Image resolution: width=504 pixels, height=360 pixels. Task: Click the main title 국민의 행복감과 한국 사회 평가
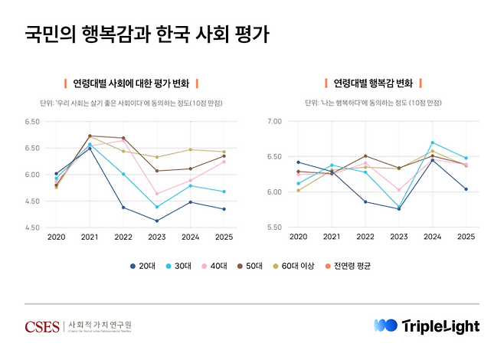pyautogui.click(x=146, y=35)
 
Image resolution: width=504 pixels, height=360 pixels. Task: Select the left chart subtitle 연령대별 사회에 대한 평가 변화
pyautogui.click(x=130, y=83)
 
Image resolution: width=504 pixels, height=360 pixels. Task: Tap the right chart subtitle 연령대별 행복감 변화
pyautogui.click(x=373, y=83)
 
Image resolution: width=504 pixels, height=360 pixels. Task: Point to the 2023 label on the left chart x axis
pyautogui.click(x=156, y=238)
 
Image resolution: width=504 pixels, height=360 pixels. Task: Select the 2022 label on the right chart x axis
pyautogui.click(x=365, y=238)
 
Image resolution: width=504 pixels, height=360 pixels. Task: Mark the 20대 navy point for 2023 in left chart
pyautogui.click(x=156, y=221)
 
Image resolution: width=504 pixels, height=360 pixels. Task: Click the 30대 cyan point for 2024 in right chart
pyautogui.click(x=432, y=142)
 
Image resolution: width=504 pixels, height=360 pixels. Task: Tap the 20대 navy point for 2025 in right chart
pyautogui.click(x=466, y=189)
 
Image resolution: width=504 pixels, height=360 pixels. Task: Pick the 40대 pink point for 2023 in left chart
pyautogui.click(x=156, y=193)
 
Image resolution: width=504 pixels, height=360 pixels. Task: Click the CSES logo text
pyautogui.click(x=42, y=326)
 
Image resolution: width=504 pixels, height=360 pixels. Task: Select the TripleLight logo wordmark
pyautogui.click(x=440, y=326)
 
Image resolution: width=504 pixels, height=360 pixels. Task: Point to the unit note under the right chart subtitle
pyautogui.click(x=373, y=102)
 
